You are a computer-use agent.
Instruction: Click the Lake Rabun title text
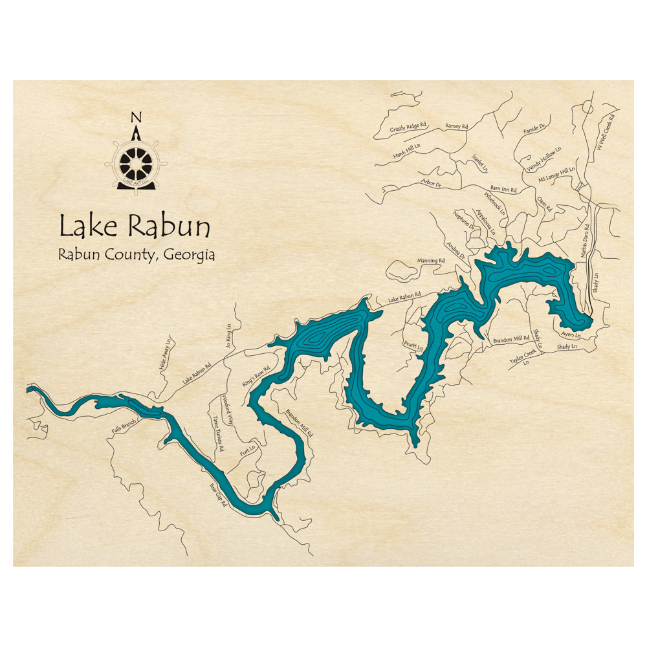click(135, 226)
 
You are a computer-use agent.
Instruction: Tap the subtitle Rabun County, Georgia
click(136, 254)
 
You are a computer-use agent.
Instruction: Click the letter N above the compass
click(135, 117)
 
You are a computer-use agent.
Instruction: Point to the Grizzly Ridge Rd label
click(408, 127)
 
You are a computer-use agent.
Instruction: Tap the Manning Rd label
click(431, 261)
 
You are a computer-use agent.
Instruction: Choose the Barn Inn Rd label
click(503, 190)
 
